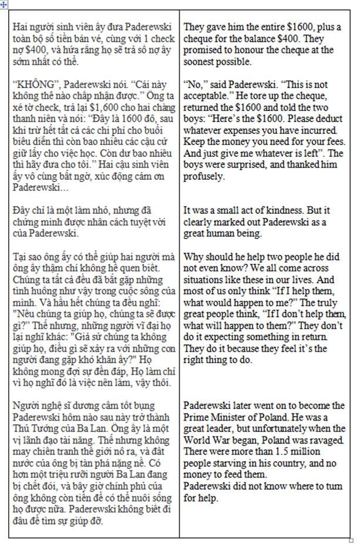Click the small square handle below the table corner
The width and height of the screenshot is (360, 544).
click(x=351, y=539)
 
